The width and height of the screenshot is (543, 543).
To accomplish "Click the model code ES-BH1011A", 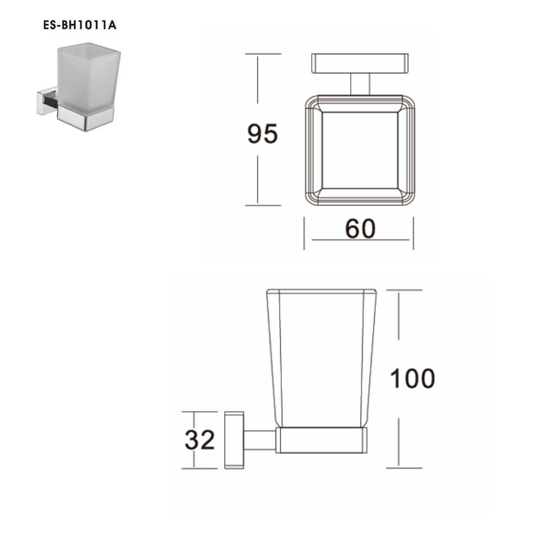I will click(x=80, y=25).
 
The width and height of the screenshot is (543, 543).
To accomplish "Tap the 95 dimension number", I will click(x=262, y=134).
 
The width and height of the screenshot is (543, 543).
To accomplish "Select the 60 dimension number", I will click(x=360, y=229).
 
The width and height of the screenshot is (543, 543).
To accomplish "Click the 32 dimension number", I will click(x=200, y=440).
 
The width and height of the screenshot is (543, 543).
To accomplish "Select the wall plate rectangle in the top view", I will click(x=360, y=63).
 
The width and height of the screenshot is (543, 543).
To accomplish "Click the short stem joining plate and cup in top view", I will click(x=360, y=84).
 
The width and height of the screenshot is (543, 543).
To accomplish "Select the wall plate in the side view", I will click(x=234, y=440).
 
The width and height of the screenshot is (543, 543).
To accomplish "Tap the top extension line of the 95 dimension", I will click(x=263, y=54).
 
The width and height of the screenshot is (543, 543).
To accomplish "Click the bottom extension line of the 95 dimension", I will click(x=263, y=205).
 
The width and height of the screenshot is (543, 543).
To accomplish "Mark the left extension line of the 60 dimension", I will click(x=304, y=233).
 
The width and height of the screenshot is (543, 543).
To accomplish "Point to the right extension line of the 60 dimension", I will click(x=413, y=233).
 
